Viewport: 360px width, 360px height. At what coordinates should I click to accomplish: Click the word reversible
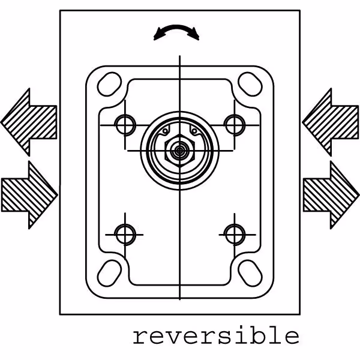coord(215,336)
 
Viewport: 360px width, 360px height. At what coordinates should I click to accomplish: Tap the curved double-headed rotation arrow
coord(176,31)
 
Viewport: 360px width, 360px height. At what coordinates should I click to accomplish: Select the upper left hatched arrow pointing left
coord(29,121)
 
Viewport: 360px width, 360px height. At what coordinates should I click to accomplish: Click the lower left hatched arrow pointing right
coord(29,194)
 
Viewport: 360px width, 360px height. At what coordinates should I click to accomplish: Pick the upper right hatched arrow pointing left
coord(330,121)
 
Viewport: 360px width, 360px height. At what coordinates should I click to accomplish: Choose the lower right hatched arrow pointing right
coord(331,194)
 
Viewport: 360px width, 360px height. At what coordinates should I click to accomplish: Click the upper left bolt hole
coord(125,125)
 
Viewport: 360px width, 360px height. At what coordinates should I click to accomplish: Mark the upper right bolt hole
coord(233,125)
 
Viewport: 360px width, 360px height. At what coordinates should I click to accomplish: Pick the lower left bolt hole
coord(125,233)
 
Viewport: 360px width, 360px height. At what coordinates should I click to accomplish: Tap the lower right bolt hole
coord(233,233)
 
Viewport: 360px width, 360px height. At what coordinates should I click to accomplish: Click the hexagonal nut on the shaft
coord(179,150)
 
